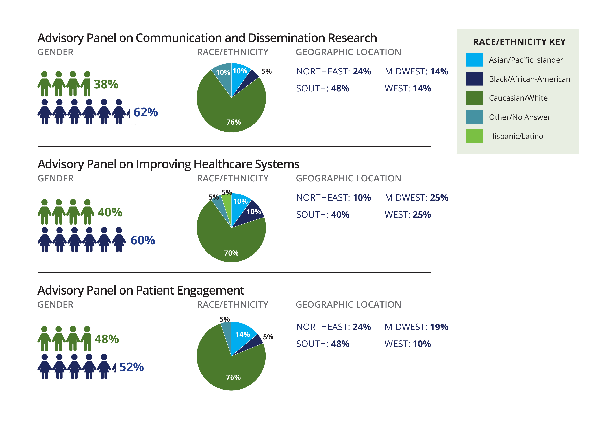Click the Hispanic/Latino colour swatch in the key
tap(474, 136)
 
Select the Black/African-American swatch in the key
tap(474, 79)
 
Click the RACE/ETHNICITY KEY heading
tap(519, 42)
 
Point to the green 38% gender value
tap(106, 84)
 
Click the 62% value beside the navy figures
tap(146, 112)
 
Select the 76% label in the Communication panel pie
tap(234, 122)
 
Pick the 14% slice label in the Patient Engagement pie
tap(243, 334)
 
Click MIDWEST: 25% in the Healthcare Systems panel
tap(416, 197)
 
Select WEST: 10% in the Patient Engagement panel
tap(407, 344)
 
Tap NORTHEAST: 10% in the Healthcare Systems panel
tap(333, 197)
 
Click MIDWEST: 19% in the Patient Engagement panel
tap(416, 327)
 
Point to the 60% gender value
tap(143, 240)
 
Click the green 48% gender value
tap(107, 339)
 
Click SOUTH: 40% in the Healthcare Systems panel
tap(323, 215)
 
